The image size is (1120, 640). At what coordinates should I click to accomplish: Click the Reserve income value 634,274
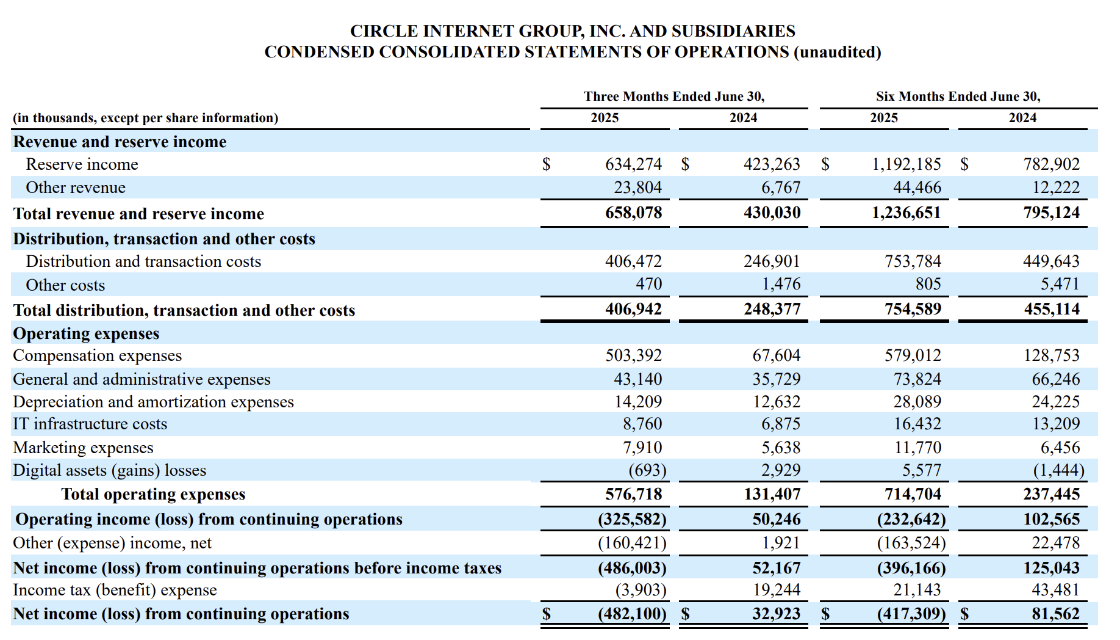point(633,164)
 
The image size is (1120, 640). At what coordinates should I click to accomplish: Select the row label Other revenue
point(76,187)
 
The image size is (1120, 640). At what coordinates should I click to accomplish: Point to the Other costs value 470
point(648,284)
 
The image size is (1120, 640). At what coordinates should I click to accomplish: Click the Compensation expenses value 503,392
point(633,355)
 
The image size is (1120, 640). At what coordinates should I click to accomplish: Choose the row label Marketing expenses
point(83,448)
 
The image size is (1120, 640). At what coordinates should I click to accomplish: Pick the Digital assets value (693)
point(647,470)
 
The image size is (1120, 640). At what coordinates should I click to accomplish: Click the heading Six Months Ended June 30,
point(958,96)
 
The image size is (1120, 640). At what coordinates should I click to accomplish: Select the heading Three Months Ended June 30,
point(674,96)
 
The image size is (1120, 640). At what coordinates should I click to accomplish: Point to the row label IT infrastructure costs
point(90,424)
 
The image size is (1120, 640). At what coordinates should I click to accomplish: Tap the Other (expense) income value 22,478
point(1055,543)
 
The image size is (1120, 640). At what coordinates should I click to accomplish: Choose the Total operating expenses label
point(153,494)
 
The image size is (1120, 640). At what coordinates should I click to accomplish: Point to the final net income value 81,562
point(1055,614)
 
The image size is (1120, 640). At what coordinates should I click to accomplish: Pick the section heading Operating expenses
point(86,333)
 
